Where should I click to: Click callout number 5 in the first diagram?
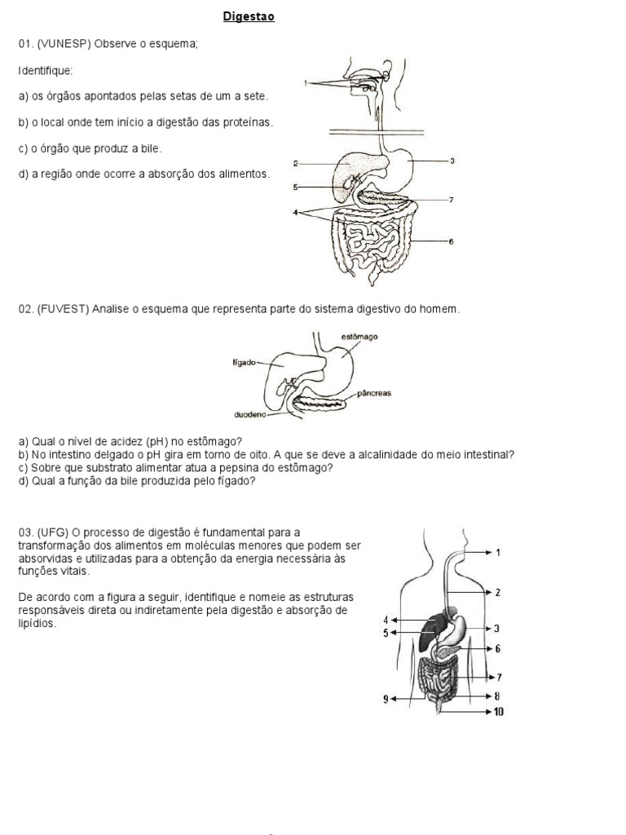tap(296, 187)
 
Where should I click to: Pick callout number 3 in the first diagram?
tap(452, 161)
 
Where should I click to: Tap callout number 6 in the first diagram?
tap(450, 242)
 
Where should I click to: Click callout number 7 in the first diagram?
tap(450, 200)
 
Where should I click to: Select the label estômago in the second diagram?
tap(359, 336)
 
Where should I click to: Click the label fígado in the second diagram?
tap(245, 364)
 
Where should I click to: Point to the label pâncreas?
tap(374, 393)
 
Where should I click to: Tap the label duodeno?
tap(250, 414)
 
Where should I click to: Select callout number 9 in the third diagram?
tap(386, 699)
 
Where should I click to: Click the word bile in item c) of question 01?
tap(152, 148)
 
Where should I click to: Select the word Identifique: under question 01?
tap(46, 70)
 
